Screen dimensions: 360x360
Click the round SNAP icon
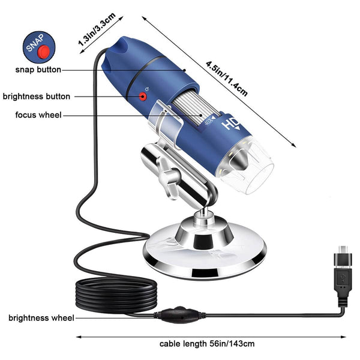tap(38, 47)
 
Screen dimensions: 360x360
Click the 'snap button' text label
tap(38, 70)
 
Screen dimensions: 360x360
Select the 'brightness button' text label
tap(37, 96)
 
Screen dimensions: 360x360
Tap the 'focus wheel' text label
tap(38, 115)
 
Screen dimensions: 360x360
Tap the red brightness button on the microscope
tap(143, 96)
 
